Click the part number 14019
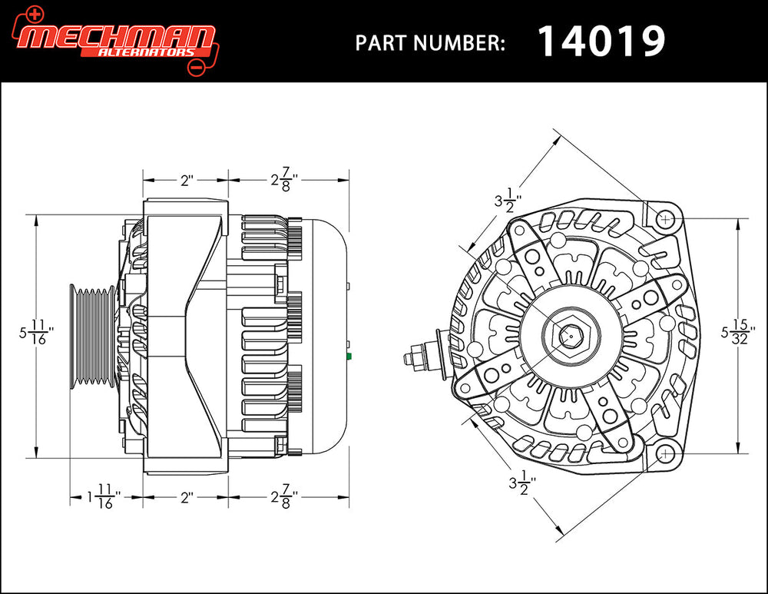click(601, 41)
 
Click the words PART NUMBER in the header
click(430, 43)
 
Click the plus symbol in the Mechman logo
click(34, 13)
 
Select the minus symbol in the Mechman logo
click(195, 68)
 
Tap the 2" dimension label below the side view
click(186, 497)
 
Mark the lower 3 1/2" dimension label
click(522, 483)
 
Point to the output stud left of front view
click(419, 358)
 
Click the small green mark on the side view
click(349, 357)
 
